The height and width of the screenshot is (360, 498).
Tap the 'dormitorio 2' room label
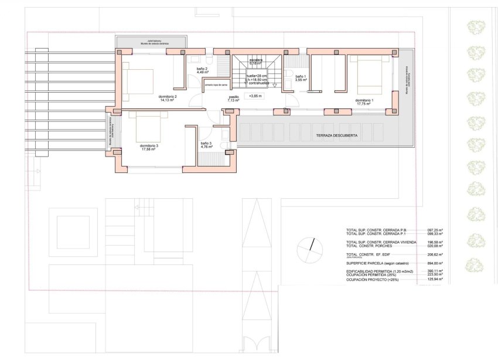(168, 97)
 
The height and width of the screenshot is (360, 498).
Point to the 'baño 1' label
(300, 77)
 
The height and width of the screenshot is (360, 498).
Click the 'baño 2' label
(202, 69)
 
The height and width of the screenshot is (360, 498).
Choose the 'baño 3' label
(206, 143)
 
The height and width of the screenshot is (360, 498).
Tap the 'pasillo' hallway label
(234, 97)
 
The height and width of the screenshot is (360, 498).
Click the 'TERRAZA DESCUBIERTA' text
(337, 135)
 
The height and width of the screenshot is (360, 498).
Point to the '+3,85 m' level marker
(255, 96)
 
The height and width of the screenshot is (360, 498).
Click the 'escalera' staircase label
(255, 60)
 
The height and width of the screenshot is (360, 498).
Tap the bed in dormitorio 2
(138, 82)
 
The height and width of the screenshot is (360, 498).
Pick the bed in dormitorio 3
(147, 125)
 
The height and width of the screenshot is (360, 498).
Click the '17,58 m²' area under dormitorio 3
(151, 150)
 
